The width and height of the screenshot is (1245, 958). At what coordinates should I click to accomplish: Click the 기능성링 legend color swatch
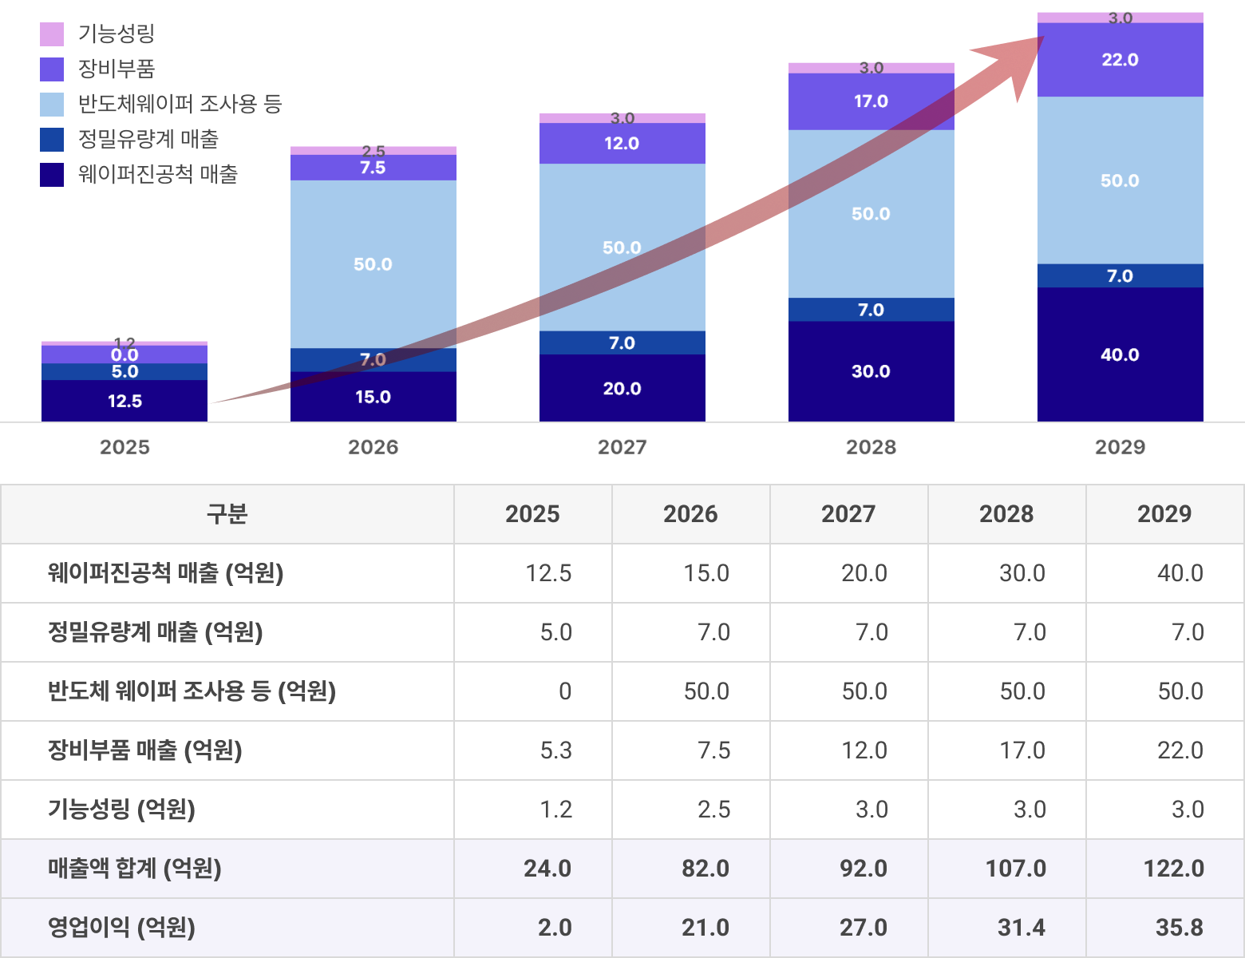tap(52, 34)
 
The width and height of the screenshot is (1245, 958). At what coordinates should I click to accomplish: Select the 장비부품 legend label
tap(116, 69)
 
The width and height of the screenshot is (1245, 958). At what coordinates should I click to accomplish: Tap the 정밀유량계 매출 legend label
tap(148, 139)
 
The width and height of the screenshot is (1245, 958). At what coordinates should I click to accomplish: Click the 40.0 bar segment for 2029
tap(1120, 354)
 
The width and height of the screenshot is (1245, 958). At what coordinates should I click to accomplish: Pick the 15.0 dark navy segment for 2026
tap(373, 398)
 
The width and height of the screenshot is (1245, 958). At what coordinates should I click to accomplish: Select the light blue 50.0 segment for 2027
tap(622, 247)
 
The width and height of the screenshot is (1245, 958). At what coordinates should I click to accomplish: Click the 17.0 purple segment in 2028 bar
tap(871, 101)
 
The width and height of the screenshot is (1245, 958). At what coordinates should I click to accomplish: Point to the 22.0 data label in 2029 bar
tap(1120, 60)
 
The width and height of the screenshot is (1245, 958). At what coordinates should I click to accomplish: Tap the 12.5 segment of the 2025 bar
tap(125, 401)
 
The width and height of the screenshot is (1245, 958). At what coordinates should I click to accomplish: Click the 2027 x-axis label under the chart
tap(622, 447)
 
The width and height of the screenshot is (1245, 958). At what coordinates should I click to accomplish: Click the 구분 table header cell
tap(227, 514)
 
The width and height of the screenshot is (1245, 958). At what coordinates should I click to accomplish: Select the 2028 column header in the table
tap(1006, 514)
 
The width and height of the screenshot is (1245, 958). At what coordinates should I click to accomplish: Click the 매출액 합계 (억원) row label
tap(134, 869)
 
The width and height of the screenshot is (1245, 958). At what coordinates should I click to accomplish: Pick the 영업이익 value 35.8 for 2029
tap(1179, 928)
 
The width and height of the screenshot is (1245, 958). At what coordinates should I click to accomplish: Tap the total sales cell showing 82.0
tap(705, 869)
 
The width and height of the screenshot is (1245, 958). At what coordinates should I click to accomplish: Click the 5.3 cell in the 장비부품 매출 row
tap(555, 750)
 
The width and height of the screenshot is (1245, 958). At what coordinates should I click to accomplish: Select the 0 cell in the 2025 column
tap(564, 691)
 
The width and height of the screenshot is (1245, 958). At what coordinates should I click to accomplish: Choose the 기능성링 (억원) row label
tap(121, 810)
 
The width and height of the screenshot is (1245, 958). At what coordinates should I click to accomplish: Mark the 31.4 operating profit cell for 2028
tap(1021, 928)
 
